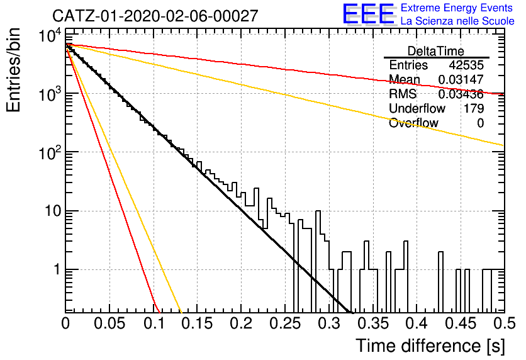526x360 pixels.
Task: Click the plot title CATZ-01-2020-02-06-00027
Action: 155,16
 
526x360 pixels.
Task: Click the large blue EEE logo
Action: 369,14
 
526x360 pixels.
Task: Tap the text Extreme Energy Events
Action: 457,8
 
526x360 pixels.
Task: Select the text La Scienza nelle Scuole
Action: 457,21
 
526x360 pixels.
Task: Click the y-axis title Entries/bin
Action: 13,70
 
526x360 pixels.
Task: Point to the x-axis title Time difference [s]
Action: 430,346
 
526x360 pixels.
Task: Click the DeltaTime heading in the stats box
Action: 436,51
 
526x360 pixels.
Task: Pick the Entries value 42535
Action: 466,65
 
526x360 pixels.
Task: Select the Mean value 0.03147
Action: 461,79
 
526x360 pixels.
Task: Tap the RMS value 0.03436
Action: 461,94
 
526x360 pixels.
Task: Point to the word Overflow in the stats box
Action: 413,123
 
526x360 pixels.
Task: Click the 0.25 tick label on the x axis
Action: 286,323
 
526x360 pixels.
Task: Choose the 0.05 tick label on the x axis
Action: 109,323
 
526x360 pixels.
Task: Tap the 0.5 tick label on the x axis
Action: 504,323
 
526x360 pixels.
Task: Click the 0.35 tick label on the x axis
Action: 373,323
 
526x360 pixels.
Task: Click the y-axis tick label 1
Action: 57,269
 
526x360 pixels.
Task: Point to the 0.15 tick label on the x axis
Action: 198,323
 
